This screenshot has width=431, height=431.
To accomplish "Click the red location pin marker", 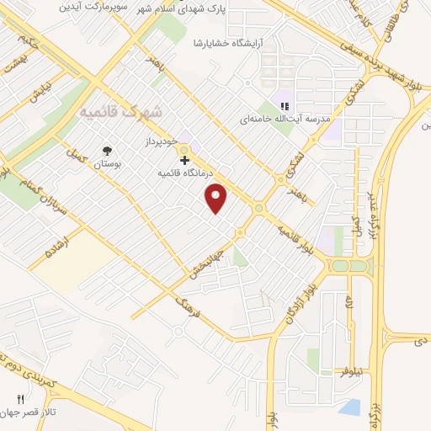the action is (217, 197).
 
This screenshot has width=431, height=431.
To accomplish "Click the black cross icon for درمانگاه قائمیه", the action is (184, 159).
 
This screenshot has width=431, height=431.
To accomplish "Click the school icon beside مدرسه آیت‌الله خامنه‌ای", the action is (284, 106).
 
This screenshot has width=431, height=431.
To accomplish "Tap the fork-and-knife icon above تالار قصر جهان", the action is (20, 399).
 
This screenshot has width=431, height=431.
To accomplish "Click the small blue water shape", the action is (350, 407).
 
